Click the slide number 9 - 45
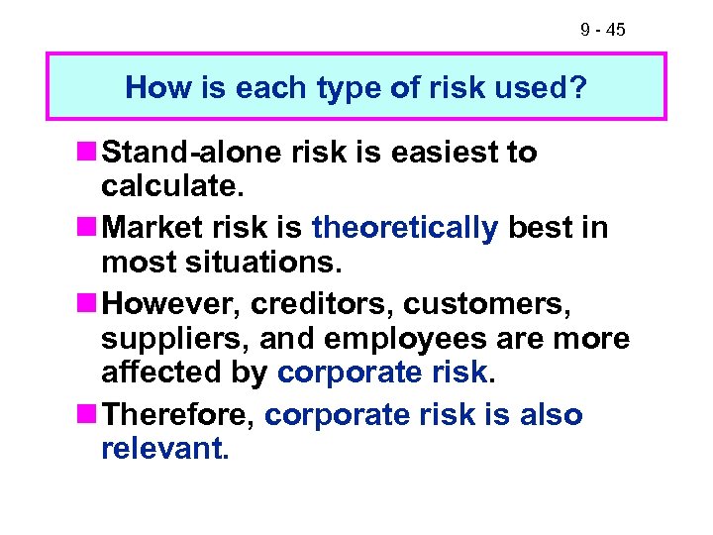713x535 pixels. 602,31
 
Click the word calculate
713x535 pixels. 169,189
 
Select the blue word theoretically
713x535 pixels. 405,227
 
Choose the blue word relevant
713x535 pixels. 163,451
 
